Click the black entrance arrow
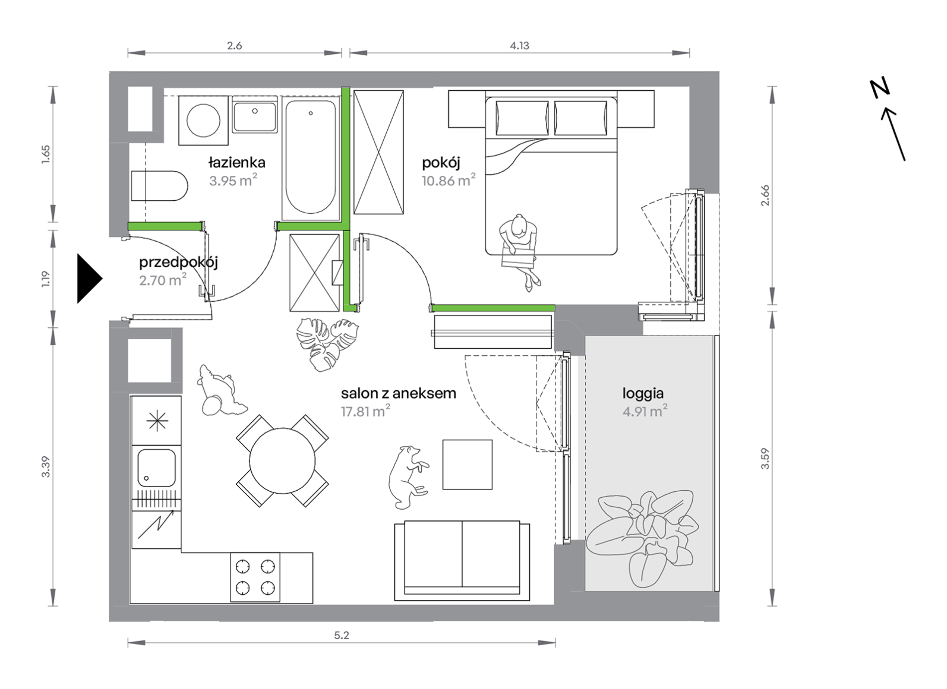pos(89,278)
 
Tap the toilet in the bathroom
pos(159,186)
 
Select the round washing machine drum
pos(203,121)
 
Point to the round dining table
pos(282,461)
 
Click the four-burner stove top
pos(255,577)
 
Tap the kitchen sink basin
pos(157,468)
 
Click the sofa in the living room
pos(462,560)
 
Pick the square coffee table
pos(468,464)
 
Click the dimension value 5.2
pos(341,635)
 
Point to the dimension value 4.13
pos(519,46)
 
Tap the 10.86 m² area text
pos(449,180)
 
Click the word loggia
pos(643,394)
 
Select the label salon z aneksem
pos(399,393)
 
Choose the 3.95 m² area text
pos(233,180)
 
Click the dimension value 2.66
pos(765,195)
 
